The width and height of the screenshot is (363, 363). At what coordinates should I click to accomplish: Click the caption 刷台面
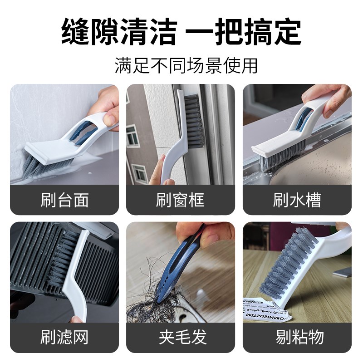click(x=64, y=200)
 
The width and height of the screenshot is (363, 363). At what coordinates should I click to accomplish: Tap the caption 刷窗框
click(x=181, y=200)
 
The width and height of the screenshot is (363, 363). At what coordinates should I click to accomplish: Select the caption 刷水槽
click(x=297, y=200)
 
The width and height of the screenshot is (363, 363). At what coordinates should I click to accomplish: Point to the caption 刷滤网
click(x=64, y=337)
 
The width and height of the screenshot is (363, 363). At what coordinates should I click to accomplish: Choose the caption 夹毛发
click(x=181, y=337)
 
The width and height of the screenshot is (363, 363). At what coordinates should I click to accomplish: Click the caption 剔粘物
click(x=297, y=337)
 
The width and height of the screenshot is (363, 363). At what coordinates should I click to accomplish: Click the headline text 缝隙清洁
click(x=119, y=31)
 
